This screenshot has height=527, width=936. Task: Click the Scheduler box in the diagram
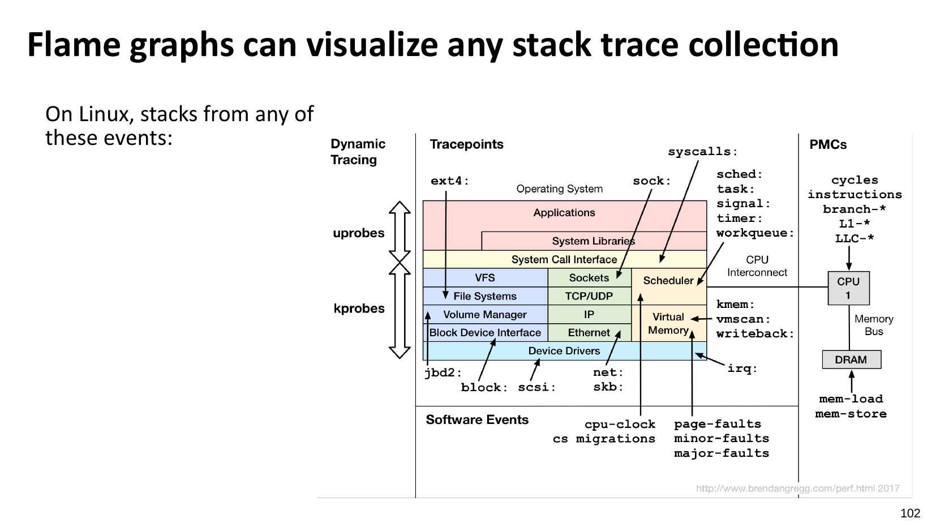(x=668, y=281)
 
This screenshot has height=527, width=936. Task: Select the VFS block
(x=485, y=278)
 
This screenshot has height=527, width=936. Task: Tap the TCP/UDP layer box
(x=589, y=296)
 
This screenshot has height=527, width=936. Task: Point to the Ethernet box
(x=589, y=333)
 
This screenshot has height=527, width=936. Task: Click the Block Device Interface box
(x=485, y=333)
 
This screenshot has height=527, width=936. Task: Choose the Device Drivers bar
(x=564, y=351)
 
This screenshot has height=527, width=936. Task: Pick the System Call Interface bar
(x=564, y=259)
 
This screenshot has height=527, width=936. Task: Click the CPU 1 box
(x=848, y=288)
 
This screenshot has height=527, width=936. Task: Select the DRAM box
(x=851, y=359)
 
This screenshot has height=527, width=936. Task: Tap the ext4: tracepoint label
(x=450, y=181)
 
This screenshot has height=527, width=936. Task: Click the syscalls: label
(x=703, y=152)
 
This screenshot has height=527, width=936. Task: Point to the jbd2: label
(x=443, y=372)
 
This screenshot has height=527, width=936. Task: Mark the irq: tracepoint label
(x=742, y=369)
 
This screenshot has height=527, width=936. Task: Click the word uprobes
(x=358, y=233)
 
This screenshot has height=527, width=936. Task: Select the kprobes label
(x=359, y=309)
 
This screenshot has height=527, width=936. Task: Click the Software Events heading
(x=476, y=420)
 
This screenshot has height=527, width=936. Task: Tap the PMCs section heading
(x=827, y=145)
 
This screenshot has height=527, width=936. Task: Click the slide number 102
(x=910, y=513)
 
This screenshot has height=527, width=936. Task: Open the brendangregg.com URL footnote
(x=797, y=489)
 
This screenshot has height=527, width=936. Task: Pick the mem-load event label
(x=851, y=399)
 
